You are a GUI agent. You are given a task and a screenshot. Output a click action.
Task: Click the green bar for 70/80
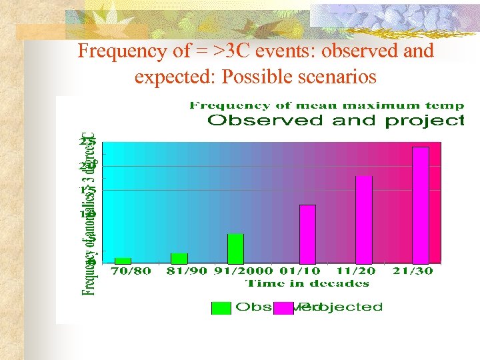click(x=123, y=261)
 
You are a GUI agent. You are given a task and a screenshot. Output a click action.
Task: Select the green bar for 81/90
click(x=179, y=259)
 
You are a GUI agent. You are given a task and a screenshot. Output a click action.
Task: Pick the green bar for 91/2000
click(x=235, y=249)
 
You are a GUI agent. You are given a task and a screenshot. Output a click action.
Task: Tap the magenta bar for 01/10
click(x=307, y=234)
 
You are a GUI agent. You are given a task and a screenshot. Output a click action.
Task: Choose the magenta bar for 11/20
click(x=363, y=220)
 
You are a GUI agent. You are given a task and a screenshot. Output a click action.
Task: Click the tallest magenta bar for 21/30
click(x=420, y=205)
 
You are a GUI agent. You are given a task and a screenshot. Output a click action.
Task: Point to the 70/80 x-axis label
click(x=131, y=271)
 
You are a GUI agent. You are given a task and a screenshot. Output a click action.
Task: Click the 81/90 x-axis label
click(x=187, y=271)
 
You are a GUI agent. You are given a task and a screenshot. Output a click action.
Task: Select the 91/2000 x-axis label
click(x=243, y=271)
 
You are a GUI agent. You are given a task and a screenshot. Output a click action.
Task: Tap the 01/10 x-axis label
click(x=299, y=271)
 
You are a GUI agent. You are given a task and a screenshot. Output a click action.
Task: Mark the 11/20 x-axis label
click(x=356, y=271)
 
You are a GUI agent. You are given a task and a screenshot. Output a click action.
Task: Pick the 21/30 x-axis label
click(x=413, y=271)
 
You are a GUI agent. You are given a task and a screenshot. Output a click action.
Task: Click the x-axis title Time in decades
click(x=307, y=283)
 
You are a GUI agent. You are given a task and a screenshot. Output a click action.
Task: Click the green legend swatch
click(x=221, y=307)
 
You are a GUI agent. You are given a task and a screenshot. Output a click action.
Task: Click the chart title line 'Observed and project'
click(x=336, y=121)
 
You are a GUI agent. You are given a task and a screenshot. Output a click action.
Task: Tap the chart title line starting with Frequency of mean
click(x=327, y=105)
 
